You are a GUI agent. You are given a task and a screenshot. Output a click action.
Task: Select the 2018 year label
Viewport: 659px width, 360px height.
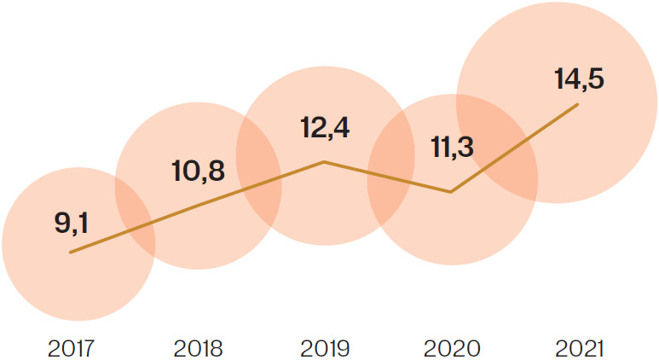(x=198, y=348)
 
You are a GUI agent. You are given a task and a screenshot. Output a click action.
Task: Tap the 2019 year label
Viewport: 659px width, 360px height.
(x=325, y=348)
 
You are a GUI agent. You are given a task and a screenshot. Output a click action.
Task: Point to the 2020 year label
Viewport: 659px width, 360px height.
(x=451, y=348)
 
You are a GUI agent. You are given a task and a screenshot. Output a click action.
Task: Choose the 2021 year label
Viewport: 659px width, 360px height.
(x=578, y=348)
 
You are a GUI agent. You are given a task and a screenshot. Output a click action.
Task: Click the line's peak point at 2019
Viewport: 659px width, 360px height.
(x=324, y=161)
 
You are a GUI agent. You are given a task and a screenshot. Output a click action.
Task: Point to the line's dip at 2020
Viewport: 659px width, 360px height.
(x=451, y=192)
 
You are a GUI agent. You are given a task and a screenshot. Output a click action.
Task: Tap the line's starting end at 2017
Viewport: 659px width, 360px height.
(x=71, y=253)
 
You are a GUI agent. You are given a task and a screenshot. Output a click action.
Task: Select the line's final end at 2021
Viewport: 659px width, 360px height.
(x=579, y=104)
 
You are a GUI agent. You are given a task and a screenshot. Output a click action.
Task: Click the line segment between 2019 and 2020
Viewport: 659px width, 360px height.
(x=388, y=177)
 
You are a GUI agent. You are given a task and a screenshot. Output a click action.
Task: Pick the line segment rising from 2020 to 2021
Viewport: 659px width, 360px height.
(x=515, y=148)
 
